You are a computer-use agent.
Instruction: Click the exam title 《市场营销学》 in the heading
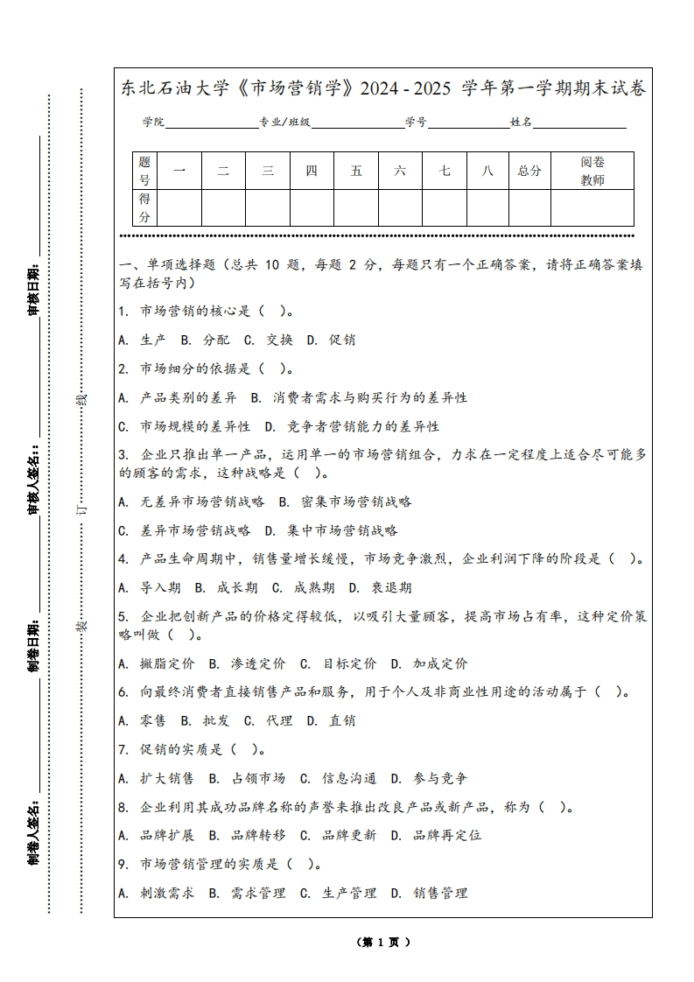[x=294, y=89]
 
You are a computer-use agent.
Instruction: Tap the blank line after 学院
[x=210, y=123]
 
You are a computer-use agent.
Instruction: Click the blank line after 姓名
[x=579, y=123]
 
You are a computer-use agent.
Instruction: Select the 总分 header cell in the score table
[x=529, y=171]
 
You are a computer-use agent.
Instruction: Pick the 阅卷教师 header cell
[x=592, y=171]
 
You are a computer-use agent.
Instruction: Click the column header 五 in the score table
[x=356, y=171]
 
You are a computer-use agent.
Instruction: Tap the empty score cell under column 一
[x=179, y=208]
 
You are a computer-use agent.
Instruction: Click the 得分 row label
[x=144, y=208]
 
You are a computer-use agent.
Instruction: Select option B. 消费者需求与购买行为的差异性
[x=359, y=397]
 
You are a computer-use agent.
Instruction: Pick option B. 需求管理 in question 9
[x=247, y=893]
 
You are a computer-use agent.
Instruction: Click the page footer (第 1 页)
[x=383, y=943]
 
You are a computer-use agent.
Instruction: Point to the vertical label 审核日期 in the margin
[x=33, y=289]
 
